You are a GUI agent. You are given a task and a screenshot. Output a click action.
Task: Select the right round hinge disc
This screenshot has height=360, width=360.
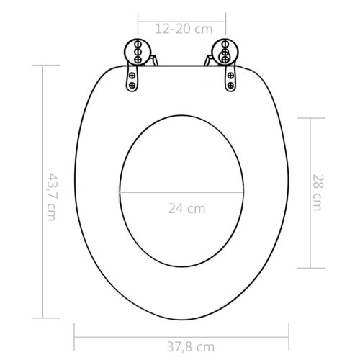click(x=225, y=53)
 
